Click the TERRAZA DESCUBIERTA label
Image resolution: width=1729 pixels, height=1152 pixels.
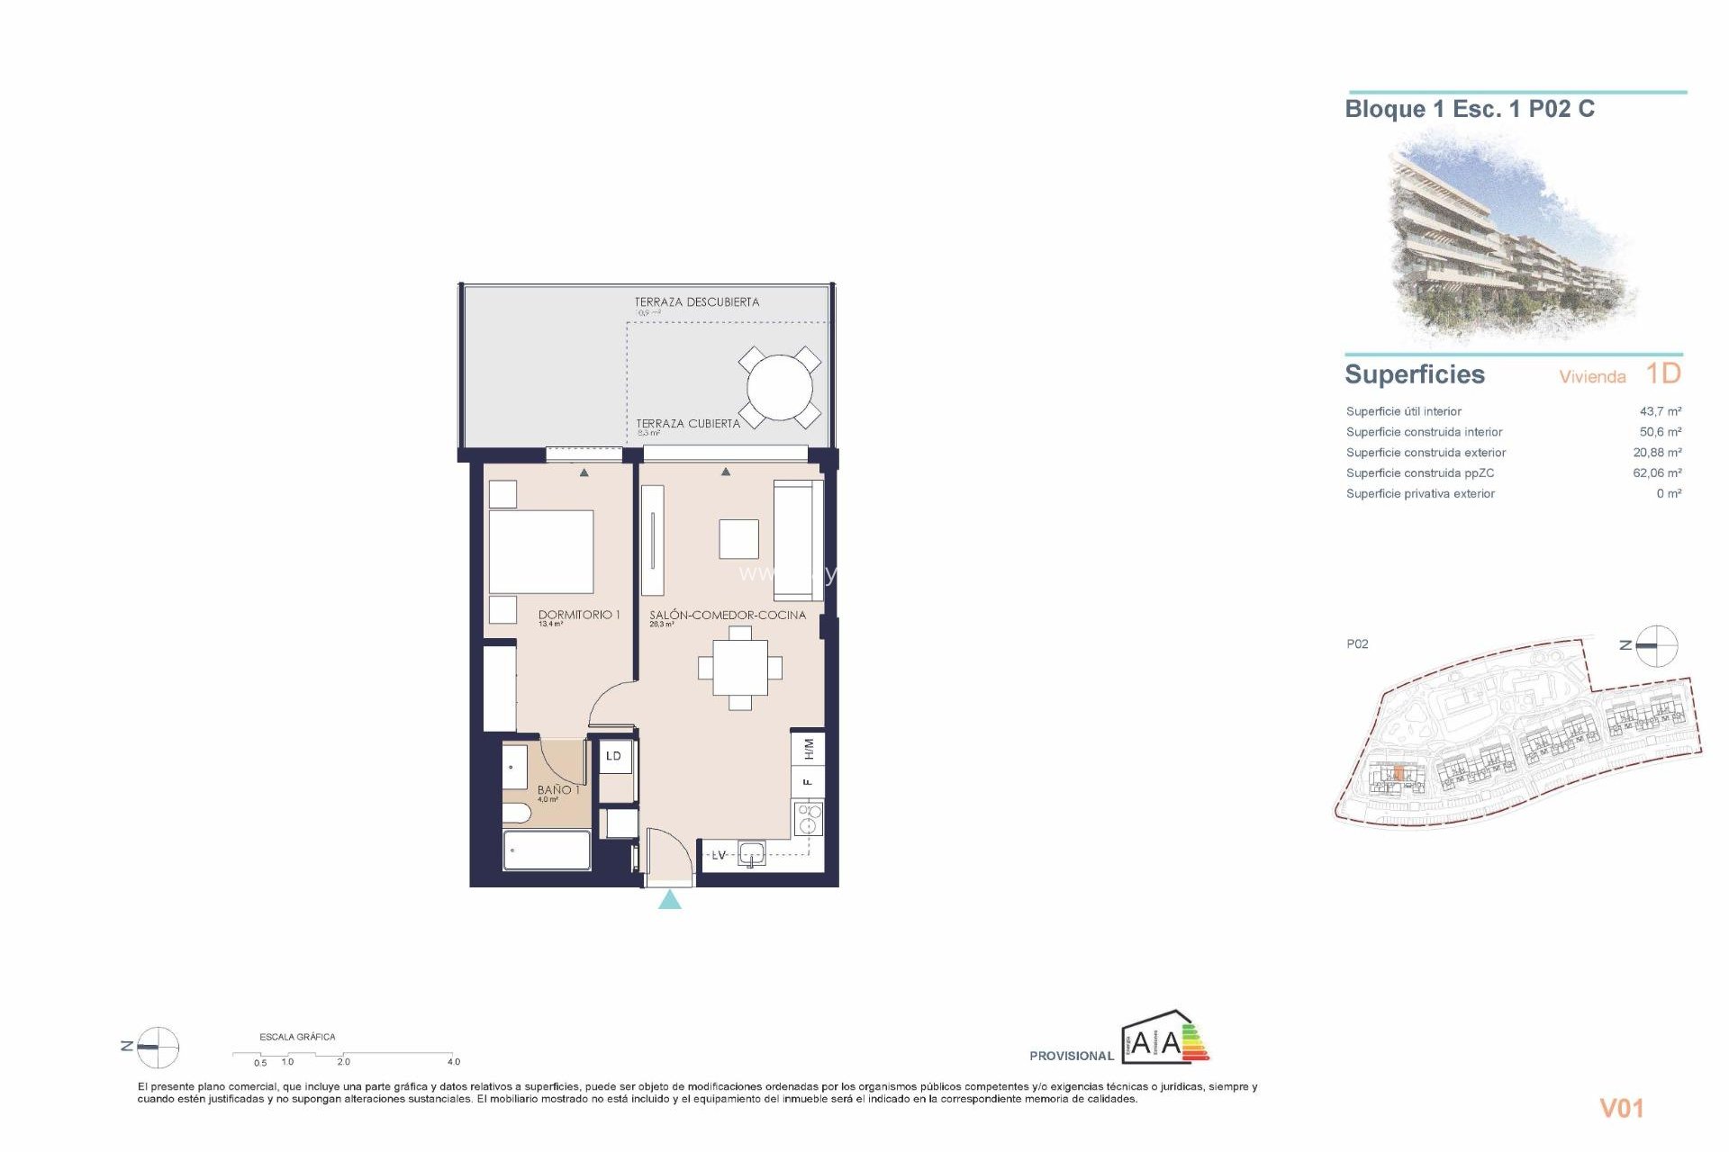(696, 302)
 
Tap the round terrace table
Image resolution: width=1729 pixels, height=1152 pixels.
(779, 388)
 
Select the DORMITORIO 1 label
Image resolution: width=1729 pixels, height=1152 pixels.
(578, 615)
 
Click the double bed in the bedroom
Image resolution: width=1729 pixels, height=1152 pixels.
(540, 551)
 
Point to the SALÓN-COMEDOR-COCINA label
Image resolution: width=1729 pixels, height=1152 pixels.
(728, 615)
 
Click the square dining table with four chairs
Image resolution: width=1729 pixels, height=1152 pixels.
(740, 668)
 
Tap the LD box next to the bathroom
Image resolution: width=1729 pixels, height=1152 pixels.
(614, 756)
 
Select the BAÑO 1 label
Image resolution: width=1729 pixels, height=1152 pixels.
(557, 789)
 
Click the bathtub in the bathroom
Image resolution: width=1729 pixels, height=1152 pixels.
(547, 850)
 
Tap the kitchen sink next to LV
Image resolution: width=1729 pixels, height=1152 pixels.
(751, 853)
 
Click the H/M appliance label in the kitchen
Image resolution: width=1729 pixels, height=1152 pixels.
(808, 749)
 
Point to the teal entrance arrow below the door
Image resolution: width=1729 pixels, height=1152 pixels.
(669, 900)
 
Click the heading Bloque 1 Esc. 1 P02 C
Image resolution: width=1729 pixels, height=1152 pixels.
(1469, 109)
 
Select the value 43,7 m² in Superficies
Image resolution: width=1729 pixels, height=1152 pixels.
(1660, 411)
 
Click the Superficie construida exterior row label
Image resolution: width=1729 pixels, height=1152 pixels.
(1425, 453)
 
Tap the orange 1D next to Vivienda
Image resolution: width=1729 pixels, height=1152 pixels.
(1662, 373)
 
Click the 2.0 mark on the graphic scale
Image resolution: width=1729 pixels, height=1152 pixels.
(343, 1062)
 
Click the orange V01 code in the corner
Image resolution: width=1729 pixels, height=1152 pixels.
(1621, 1109)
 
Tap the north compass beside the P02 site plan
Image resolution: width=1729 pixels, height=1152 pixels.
(1655, 645)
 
